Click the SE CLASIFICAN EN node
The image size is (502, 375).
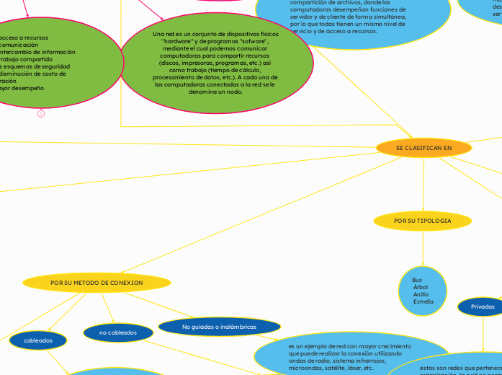click(x=423, y=148)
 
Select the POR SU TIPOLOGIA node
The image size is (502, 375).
click(x=423, y=220)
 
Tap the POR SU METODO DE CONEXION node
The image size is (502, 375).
click(x=97, y=283)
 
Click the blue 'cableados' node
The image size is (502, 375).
click(x=38, y=340)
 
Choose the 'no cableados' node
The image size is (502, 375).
click(x=118, y=332)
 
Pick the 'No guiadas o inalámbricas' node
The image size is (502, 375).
click(x=219, y=327)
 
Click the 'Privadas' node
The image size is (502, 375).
click(x=483, y=306)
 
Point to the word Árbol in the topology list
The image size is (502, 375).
click(x=421, y=287)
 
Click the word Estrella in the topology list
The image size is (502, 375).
click(x=423, y=301)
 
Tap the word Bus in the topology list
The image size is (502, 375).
click(x=417, y=280)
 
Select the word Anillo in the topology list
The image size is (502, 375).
click(x=421, y=294)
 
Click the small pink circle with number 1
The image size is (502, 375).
click(x=41, y=113)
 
